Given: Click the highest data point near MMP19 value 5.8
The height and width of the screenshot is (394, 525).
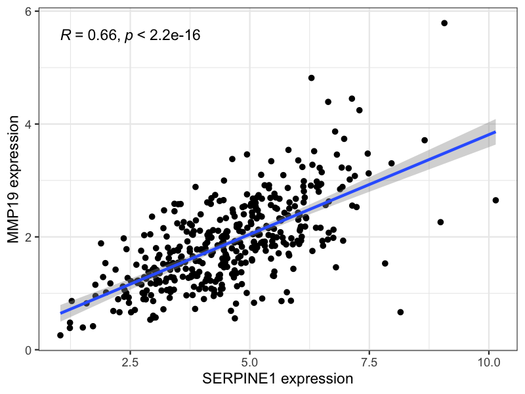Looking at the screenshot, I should pos(444,23).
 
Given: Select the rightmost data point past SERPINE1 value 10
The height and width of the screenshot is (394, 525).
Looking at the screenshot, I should pos(495,200).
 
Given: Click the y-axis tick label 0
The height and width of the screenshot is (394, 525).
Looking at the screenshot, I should pos(29,350).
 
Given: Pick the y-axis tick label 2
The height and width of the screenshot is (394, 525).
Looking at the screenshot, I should pos(29,237).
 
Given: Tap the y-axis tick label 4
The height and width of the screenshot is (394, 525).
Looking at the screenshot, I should pos(29,124).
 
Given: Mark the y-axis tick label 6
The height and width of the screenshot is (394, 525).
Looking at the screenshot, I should pos(29,12).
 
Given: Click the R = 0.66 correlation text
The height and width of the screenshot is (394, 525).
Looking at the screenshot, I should pos(87,35).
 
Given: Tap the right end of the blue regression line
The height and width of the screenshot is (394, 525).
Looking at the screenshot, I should pos(495,132).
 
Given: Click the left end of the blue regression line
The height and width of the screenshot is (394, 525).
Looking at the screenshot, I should pos(60,313).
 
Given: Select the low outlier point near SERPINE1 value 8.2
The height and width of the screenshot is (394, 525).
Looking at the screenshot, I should pos(400,312).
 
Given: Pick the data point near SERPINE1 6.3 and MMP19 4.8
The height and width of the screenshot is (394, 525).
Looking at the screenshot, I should pos(312,78).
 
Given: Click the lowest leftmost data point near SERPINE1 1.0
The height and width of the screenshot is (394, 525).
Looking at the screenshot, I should pos(60,335).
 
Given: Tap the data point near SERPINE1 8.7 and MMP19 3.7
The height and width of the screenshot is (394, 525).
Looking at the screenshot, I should pos(425,140).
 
